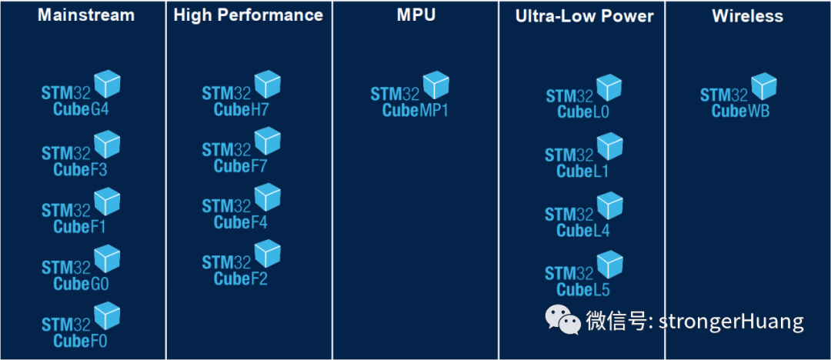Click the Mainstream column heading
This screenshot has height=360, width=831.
pyautogui.click(x=85, y=15)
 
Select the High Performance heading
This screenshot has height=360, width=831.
pyautogui.click(x=248, y=15)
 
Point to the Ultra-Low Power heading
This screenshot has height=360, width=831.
pyautogui.click(x=585, y=16)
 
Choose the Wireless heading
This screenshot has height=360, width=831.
pyautogui.click(x=747, y=15)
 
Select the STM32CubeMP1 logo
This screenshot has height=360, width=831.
pyautogui.click(x=410, y=95)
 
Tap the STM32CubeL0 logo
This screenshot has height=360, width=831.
pyautogui.click(x=584, y=98)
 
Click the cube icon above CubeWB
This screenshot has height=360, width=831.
pyautogui.click(x=763, y=86)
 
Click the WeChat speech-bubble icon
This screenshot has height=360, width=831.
pyautogui.click(x=563, y=319)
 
